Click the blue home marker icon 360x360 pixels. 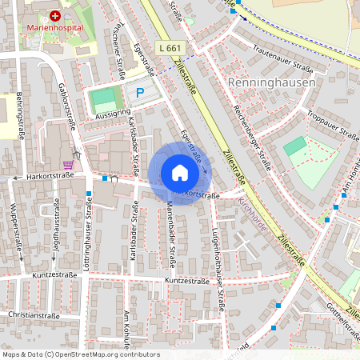coord(180,173)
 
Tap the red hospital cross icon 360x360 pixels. coord(55,15)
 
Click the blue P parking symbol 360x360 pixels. coord(140,94)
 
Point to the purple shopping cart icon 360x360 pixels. coord(68,165)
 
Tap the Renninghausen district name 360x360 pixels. coord(271,82)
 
